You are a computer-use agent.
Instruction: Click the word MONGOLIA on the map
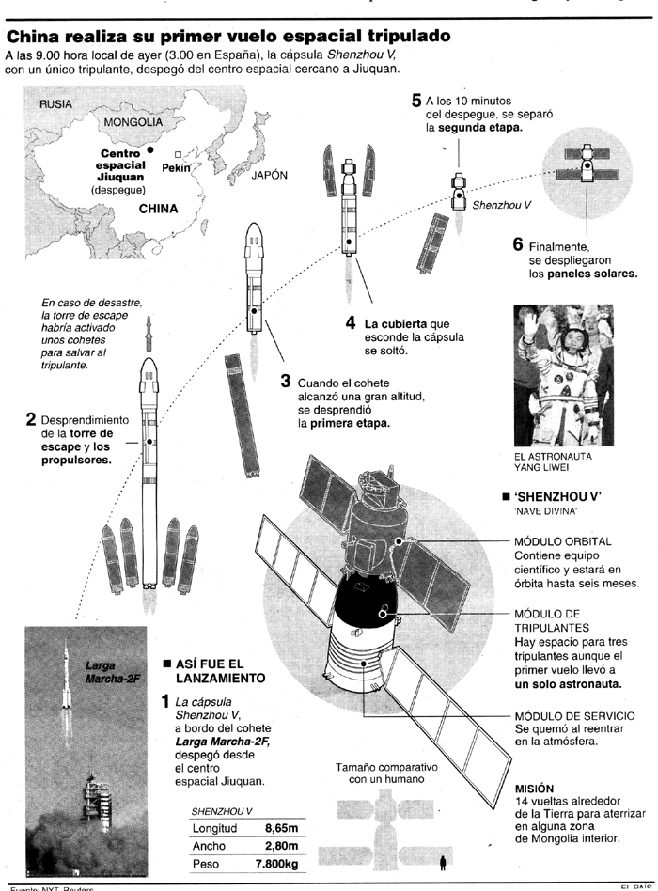[x=133, y=123]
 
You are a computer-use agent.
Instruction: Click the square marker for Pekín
[x=178, y=155]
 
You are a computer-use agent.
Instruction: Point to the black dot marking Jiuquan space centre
[x=149, y=148]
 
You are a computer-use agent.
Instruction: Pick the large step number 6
[x=518, y=243]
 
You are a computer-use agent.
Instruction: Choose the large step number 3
[x=286, y=382]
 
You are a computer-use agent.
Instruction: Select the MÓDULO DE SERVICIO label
[x=574, y=715]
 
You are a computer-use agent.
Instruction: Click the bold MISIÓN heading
[x=534, y=788]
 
